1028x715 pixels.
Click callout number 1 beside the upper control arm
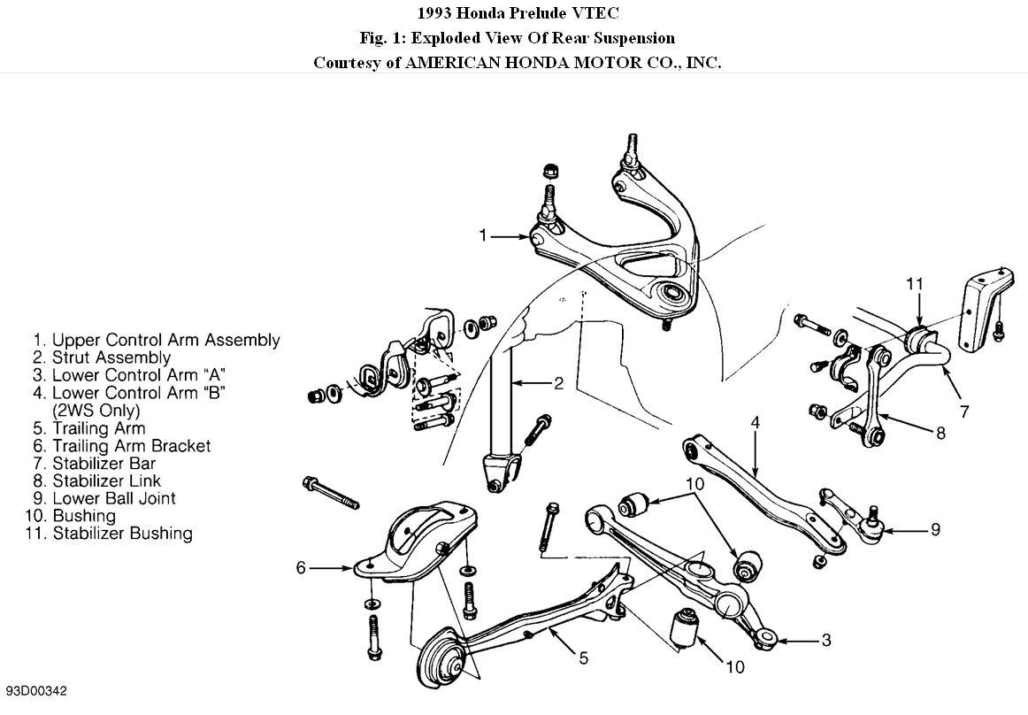[x=483, y=235]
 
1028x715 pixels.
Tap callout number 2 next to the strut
[x=558, y=383]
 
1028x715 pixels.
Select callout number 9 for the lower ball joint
[x=935, y=530]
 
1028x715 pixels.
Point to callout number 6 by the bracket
[x=301, y=567]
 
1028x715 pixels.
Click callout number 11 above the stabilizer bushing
[x=915, y=283]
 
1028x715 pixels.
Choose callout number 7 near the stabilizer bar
[x=964, y=411]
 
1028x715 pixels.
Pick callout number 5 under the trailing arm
[x=583, y=657]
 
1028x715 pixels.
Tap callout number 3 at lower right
[x=825, y=640]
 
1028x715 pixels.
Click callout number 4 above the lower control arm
[x=756, y=422]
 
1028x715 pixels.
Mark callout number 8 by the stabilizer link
[x=940, y=433]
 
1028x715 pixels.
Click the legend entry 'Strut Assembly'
[x=111, y=357]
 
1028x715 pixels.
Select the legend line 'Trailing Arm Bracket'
[x=131, y=446]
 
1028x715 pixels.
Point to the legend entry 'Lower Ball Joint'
[x=113, y=498]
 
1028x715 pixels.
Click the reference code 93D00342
[x=36, y=691]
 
